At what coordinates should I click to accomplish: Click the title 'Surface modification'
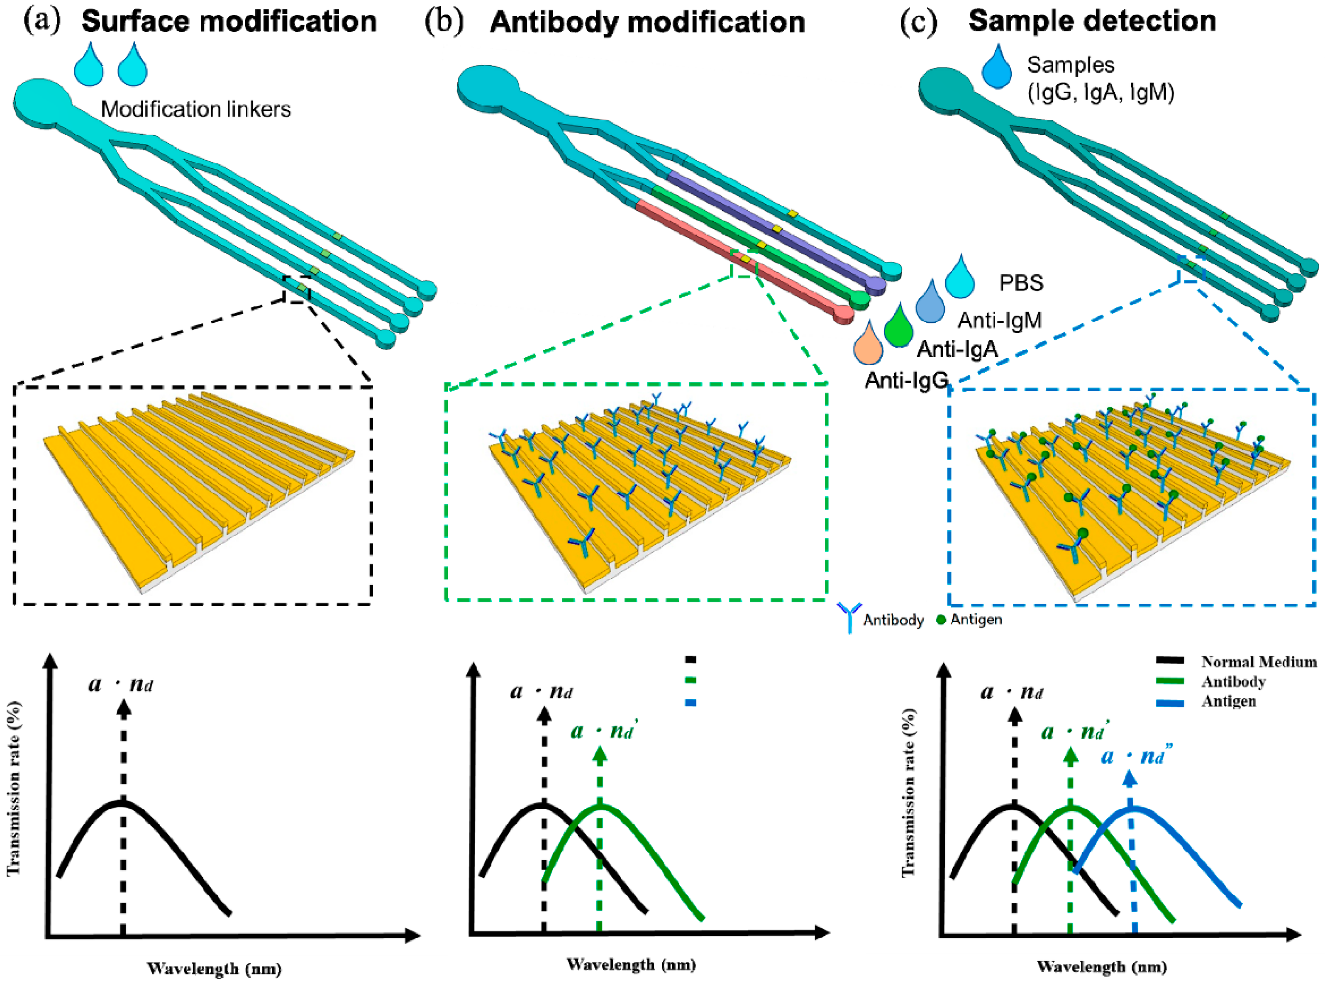tap(229, 22)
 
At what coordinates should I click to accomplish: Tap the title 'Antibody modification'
tap(647, 22)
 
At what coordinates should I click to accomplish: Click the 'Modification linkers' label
tap(196, 109)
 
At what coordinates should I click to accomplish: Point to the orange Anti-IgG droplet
tap(868, 343)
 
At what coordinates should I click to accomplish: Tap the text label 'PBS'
tap(1021, 283)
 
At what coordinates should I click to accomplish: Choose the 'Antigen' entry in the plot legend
tap(1228, 701)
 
